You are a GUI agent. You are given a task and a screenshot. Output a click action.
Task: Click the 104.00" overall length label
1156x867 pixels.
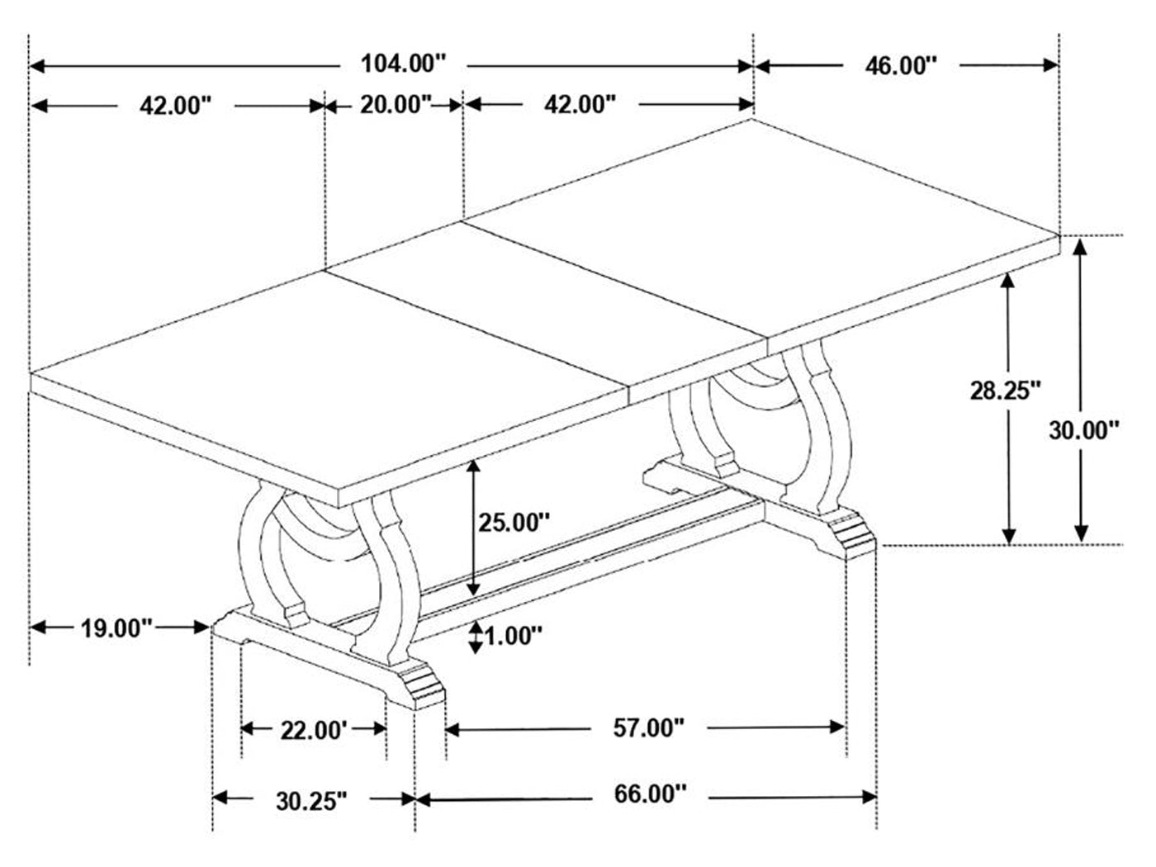point(404,64)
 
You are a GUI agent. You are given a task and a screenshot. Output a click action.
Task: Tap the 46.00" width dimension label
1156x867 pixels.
point(901,66)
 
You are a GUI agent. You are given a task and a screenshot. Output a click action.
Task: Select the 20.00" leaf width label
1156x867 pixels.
point(396,105)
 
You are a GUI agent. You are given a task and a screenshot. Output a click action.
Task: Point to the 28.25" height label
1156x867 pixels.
point(1006,391)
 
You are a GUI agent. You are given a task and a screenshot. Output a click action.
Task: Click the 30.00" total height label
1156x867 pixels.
point(1084,430)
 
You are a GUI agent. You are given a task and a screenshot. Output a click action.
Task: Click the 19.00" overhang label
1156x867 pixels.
point(116,628)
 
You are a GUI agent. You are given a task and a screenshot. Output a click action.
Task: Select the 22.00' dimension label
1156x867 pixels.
point(314,731)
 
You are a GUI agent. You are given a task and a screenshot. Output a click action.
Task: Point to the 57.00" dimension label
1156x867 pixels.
point(649,728)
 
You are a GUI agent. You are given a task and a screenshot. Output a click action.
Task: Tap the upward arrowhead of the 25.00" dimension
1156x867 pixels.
point(474,467)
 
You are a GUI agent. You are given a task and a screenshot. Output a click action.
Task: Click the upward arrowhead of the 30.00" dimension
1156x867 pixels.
point(1080,247)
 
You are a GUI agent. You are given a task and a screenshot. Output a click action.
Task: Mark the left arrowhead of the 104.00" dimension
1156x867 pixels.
point(37,66)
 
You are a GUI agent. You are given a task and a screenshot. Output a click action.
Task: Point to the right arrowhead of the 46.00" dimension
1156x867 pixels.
point(1050,65)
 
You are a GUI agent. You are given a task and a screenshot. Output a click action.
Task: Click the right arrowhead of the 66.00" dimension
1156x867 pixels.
point(869,797)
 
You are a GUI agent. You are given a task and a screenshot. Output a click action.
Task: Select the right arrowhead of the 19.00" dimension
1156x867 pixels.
point(202,627)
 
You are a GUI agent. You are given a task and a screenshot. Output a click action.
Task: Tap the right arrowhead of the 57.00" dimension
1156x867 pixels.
point(838,727)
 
